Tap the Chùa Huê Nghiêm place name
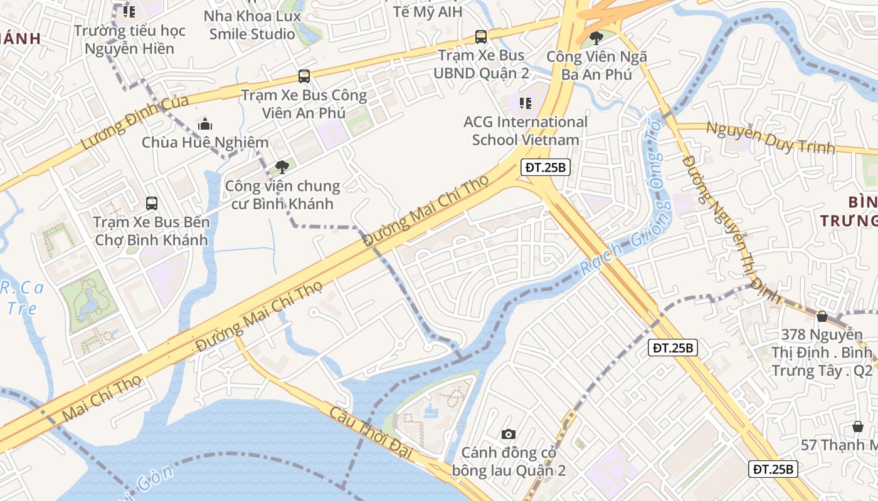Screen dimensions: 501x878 tap(205, 143)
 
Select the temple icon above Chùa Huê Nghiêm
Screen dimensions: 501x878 tap(205, 124)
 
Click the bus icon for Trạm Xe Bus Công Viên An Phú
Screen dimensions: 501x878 tap(304, 76)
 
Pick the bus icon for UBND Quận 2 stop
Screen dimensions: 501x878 tap(481, 37)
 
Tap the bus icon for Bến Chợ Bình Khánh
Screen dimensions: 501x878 tap(152, 203)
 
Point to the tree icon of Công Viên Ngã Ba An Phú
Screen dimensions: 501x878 tap(596, 38)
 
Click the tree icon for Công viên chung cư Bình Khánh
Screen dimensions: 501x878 tap(282, 167)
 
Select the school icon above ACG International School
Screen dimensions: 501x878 tap(526, 103)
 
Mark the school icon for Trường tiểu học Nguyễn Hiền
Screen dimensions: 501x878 tap(129, 11)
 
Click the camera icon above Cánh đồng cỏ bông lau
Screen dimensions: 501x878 tap(509, 434)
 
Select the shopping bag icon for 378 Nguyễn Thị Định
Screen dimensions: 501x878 tap(822, 316)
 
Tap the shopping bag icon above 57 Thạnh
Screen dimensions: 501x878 tap(858, 426)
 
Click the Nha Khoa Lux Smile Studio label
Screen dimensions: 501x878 tap(252, 25)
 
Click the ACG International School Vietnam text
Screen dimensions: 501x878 tap(526, 130)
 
